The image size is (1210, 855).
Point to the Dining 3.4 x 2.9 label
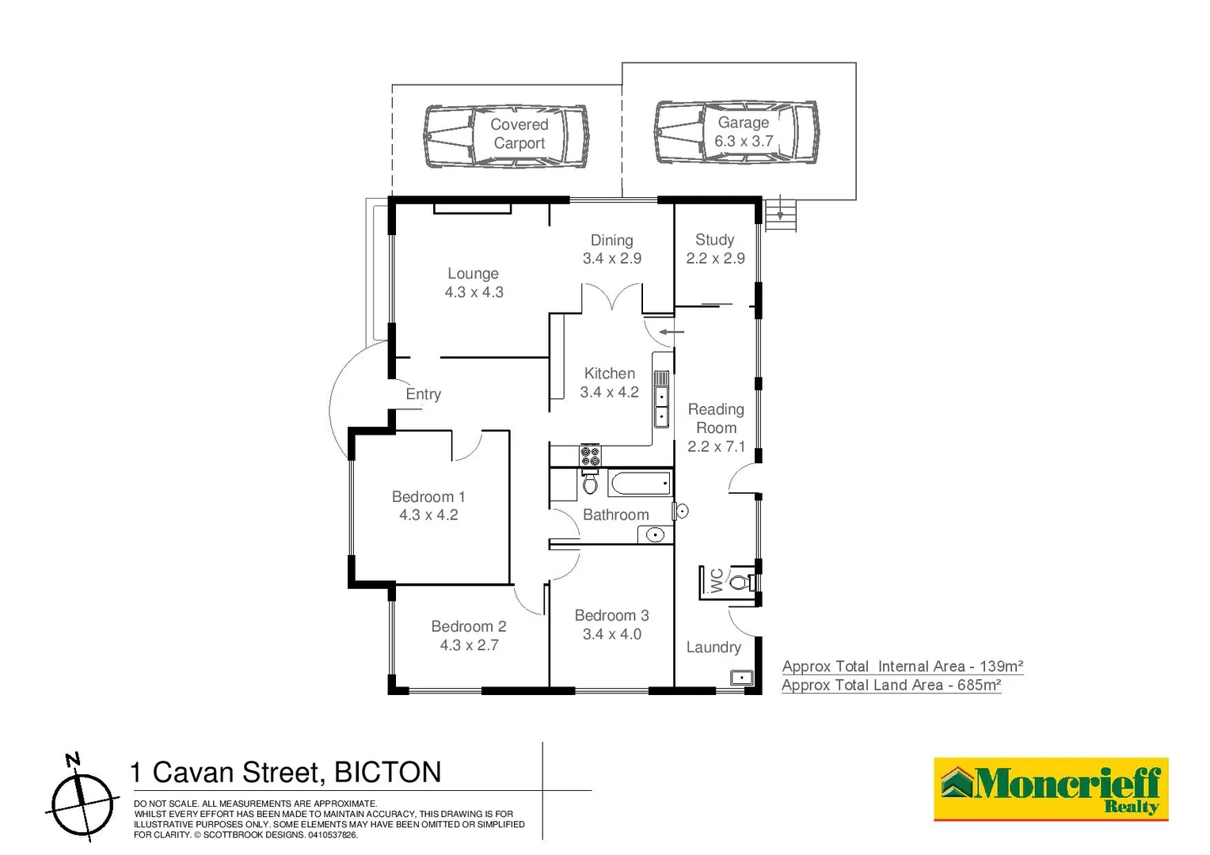tap(611, 249)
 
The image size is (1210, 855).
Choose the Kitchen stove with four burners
tap(590, 455)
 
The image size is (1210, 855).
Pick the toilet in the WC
tap(740, 583)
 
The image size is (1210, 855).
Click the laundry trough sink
tap(741, 678)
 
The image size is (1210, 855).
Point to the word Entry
tap(423, 394)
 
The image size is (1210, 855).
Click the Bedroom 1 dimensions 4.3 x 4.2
tap(428, 515)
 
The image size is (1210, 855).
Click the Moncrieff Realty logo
tap(1051, 789)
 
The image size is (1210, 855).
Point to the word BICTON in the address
tap(387, 772)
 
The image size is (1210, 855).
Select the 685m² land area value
tap(979, 686)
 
